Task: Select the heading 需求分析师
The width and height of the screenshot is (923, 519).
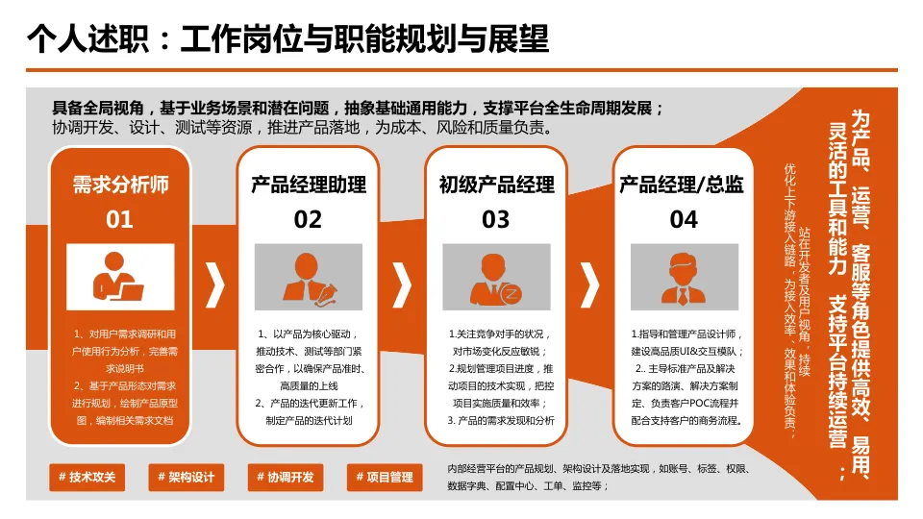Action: click(x=120, y=185)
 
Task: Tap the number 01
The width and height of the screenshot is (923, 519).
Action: click(x=120, y=220)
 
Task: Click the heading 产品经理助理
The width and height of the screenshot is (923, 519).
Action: click(x=308, y=185)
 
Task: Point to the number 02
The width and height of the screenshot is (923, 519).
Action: click(x=308, y=220)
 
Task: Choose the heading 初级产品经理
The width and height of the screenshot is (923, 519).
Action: click(x=496, y=185)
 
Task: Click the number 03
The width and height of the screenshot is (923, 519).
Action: click(x=496, y=220)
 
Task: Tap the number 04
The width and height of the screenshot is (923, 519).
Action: click(x=684, y=220)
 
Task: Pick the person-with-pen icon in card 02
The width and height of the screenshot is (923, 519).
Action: click(x=308, y=277)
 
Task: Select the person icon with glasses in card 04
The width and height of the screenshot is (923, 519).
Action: click(x=684, y=277)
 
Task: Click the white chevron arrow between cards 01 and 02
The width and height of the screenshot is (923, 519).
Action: click(x=215, y=284)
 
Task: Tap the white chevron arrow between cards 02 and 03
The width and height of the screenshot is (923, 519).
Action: click(x=403, y=284)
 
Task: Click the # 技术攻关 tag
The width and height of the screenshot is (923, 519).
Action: click(x=87, y=477)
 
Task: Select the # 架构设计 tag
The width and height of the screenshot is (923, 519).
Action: click(x=186, y=477)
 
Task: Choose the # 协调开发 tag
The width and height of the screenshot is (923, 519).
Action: click(x=285, y=477)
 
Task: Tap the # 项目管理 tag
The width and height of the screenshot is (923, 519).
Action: click(x=384, y=477)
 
